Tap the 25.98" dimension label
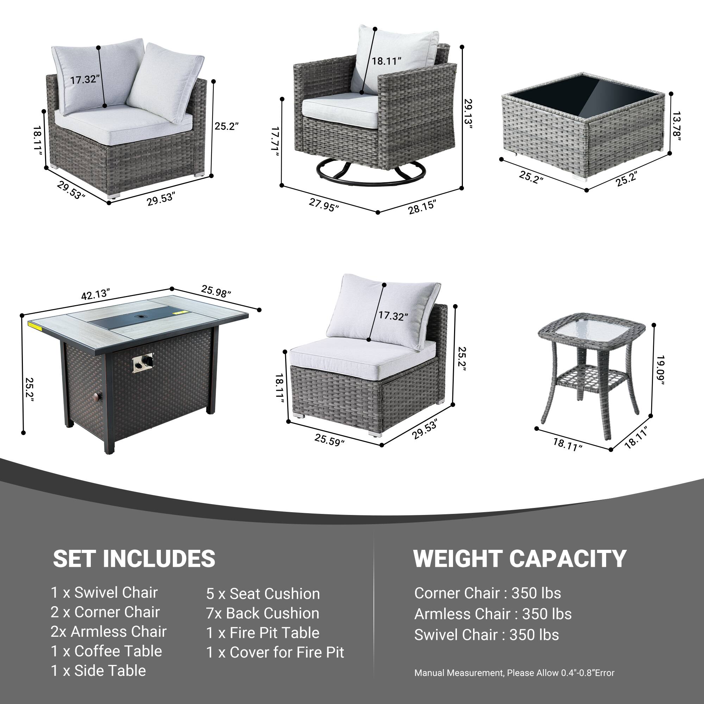216,291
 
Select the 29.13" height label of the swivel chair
468,114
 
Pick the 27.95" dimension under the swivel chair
323,205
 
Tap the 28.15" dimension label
422,207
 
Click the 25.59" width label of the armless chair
329,439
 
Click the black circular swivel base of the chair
371,172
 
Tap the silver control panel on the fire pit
143,363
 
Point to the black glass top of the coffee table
584,95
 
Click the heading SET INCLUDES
134,559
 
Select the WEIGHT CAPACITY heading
520,559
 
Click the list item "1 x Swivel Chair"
104,592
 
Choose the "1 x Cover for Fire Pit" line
275,652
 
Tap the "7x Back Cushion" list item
263,613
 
